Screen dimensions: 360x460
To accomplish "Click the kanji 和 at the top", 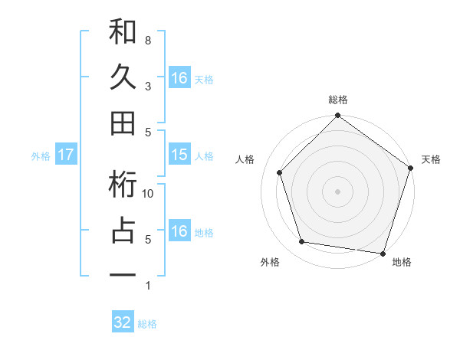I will [123, 32].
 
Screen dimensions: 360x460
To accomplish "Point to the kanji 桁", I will [123, 185].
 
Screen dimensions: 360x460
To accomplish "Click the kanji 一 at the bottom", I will [123, 273].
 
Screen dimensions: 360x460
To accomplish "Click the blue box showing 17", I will [65, 155].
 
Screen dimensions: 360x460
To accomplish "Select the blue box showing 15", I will [179, 155].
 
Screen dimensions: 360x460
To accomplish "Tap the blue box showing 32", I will [123, 322].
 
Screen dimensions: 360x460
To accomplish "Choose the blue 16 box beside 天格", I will [179, 77].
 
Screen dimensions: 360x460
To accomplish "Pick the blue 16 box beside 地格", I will [179, 231].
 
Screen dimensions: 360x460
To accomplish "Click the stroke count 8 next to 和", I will [147, 40].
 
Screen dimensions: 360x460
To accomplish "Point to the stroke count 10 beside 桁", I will [149, 194].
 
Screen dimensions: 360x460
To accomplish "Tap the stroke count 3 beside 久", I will [147, 86].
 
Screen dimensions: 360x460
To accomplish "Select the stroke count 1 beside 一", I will [147, 286].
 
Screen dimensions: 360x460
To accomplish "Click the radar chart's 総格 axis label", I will [338, 100].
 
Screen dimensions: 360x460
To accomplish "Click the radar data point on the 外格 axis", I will [302, 242].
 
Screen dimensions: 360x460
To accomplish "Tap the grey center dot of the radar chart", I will [338, 191].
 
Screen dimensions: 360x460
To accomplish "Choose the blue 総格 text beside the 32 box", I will [147, 323].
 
